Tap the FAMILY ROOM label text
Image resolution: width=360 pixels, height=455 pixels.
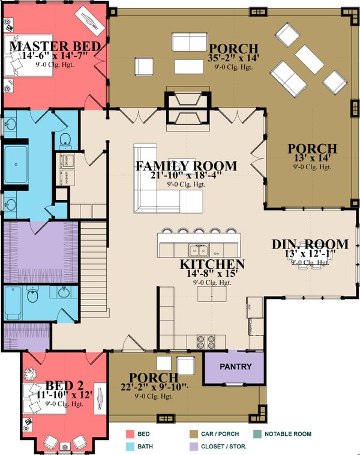[186, 166]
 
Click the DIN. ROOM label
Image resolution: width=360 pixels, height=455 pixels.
[310, 244]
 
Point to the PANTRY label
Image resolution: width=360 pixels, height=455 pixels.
[234, 367]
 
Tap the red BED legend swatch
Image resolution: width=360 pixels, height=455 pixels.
[129, 434]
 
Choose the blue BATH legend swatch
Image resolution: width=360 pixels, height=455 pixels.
[129, 447]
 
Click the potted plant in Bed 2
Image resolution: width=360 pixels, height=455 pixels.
[30, 373]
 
